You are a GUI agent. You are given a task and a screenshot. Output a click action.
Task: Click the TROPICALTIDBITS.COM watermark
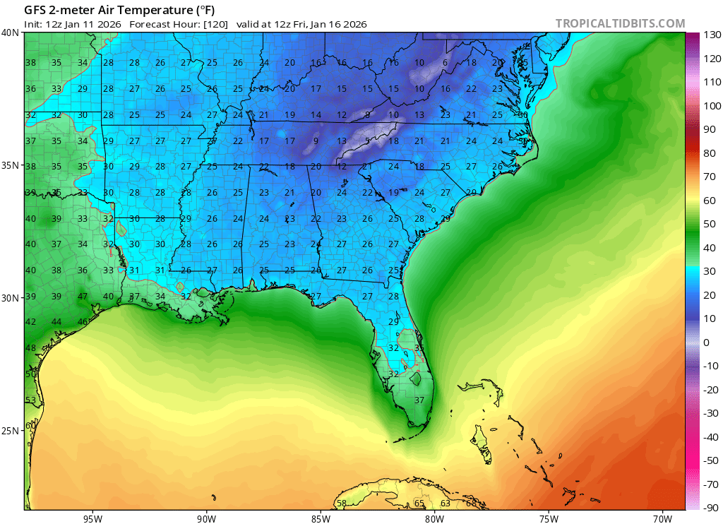coord(620,23)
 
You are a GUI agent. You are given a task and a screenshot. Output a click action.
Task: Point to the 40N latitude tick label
coord(11,32)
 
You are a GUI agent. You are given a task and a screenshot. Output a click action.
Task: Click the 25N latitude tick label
coord(11,431)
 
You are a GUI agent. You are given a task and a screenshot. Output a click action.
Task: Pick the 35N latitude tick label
coord(11,165)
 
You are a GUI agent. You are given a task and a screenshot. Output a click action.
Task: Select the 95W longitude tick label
coord(92,518)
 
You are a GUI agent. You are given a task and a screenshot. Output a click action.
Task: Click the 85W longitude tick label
coord(320,518)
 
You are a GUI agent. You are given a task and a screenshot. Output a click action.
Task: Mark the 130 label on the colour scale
coord(711,35)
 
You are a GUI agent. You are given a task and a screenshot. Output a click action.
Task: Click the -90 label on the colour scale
coord(711,507)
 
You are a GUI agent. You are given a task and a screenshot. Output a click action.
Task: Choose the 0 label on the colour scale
coord(707,343)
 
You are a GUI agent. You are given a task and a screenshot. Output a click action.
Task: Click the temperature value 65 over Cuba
coord(419,504)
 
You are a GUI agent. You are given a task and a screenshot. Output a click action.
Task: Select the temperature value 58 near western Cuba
coord(341,504)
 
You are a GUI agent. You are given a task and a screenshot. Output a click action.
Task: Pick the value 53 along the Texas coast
coord(30,400)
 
